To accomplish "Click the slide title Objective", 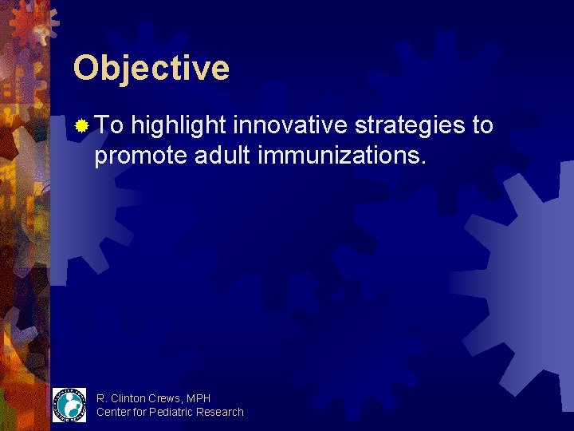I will [x=151, y=68].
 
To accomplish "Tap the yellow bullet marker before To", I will [x=81, y=125].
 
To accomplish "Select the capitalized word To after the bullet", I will [x=109, y=125].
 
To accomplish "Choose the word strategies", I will [x=407, y=125].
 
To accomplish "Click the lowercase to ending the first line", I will [x=482, y=125].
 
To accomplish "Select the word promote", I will [x=140, y=155].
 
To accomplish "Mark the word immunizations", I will [x=342, y=155].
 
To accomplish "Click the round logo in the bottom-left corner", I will [x=69, y=405].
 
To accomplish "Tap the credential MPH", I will [x=199, y=398].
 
